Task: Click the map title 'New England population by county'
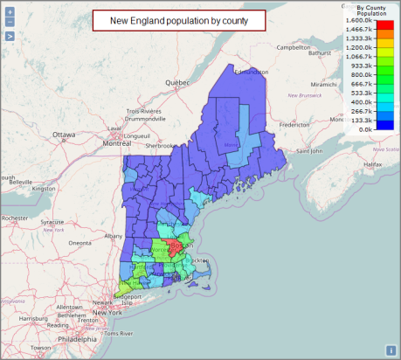click(178, 20)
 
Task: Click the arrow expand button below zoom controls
click(9, 37)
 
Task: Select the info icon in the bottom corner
click(391, 350)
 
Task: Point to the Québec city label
click(178, 83)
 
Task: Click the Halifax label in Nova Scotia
click(373, 163)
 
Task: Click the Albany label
click(114, 236)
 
